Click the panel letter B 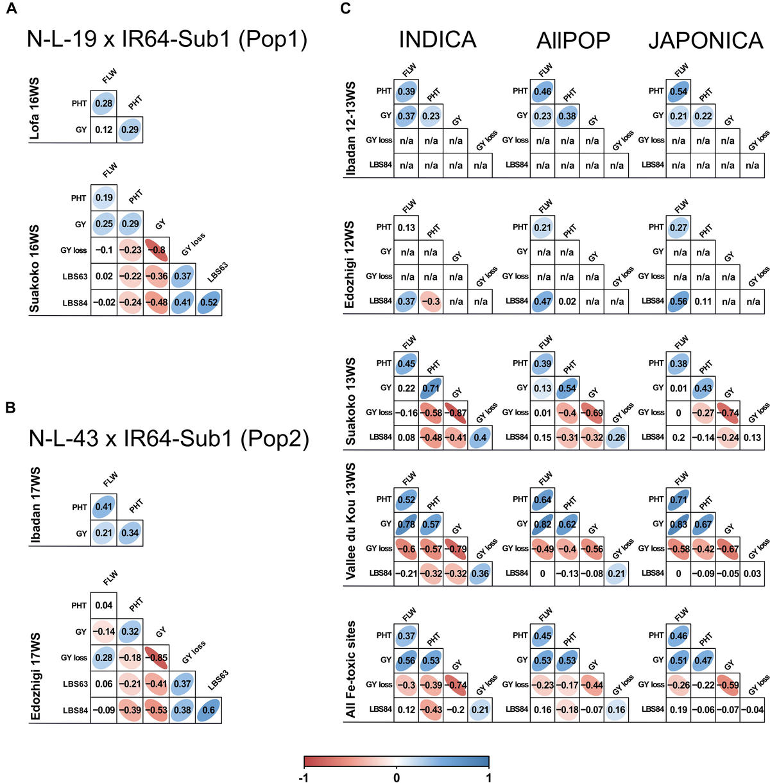(10, 407)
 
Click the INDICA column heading (438, 40)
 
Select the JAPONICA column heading (705, 40)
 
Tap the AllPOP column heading (573, 40)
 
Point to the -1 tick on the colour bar (304, 777)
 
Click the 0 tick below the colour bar (397, 777)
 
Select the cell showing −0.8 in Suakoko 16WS (157, 250)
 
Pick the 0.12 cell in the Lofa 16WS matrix (104, 130)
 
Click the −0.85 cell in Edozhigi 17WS (157, 658)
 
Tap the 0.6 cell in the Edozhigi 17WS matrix (209, 710)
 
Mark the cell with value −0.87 (456, 413)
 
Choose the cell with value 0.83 (678, 524)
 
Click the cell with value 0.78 (406, 524)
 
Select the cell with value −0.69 (592, 413)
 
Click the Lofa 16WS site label (35, 108)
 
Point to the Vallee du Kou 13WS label (351, 521)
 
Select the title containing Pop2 (169, 439)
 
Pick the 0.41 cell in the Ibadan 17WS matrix (104, 507)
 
